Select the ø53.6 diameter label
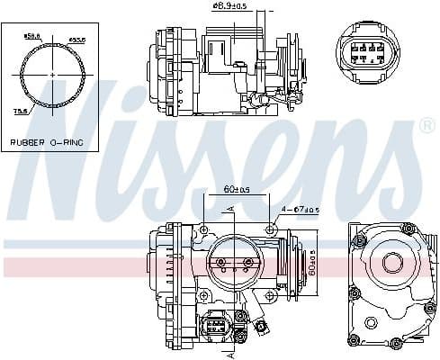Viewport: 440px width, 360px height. click(78, 40)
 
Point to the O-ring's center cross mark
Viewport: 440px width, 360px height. click(52, 74)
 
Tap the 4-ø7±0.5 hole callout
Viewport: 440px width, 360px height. click(300, 211)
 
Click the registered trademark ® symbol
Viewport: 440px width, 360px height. click(427, 127)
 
